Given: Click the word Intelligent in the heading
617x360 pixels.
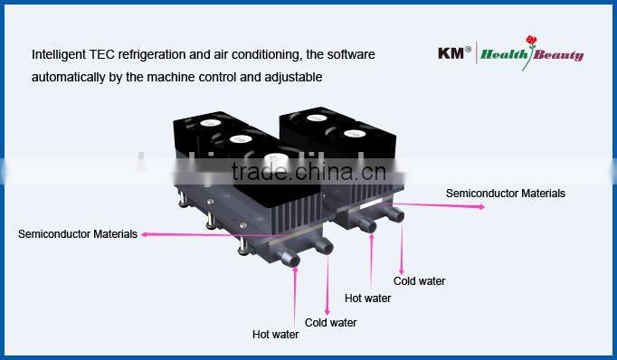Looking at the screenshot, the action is (59, 54).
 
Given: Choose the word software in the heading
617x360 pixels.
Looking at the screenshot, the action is (350, 54).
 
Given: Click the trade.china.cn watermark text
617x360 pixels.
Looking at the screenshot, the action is (307, 172).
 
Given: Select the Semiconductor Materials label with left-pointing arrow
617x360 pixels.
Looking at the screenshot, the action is (78, 233).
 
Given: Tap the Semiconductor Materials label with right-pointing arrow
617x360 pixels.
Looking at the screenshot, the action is (506, 193).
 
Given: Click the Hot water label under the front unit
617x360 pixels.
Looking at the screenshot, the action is (275, 334).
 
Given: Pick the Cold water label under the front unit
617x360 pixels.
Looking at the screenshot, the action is (330, 322).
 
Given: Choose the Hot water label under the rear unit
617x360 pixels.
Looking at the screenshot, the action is (367, 298).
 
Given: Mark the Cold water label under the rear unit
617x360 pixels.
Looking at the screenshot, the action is (419, 280).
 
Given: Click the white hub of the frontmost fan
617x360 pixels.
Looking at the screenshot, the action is (272, 162).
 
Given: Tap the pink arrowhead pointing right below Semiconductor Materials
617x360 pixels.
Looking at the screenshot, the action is (482, 206).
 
